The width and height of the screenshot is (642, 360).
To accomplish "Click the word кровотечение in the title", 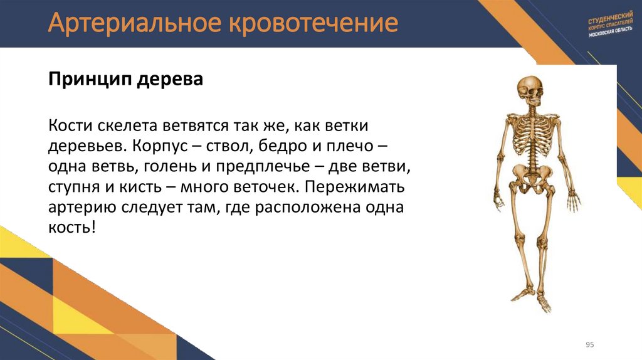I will (x=315, y=24).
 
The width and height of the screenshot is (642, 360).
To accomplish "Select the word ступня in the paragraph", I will (x=72, y=188).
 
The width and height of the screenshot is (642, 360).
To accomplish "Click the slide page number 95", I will (x=589, y=344).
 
